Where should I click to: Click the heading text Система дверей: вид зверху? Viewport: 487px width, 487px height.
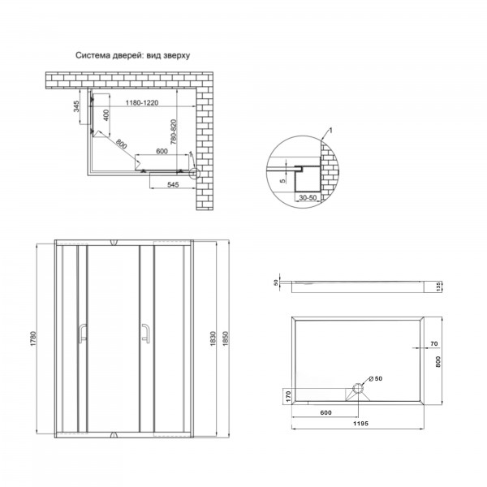[x=132, y=55]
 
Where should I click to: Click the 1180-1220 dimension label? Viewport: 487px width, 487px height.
[x=142, y=103]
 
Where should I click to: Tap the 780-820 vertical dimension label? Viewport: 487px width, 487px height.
[x=174, y=132]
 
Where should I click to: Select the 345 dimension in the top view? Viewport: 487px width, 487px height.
[x=76, y=106]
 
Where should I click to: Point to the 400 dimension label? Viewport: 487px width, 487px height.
[x=106, y=115]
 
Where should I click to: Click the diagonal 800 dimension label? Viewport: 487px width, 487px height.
[x=122, y=144]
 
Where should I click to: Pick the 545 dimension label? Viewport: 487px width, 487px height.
[x=173, y=185]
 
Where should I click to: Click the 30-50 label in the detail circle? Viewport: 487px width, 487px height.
[x=308, y=198]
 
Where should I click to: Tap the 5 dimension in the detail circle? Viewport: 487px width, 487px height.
[x=283, y=181]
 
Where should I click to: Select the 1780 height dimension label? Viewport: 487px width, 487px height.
[x=33, y=339]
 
